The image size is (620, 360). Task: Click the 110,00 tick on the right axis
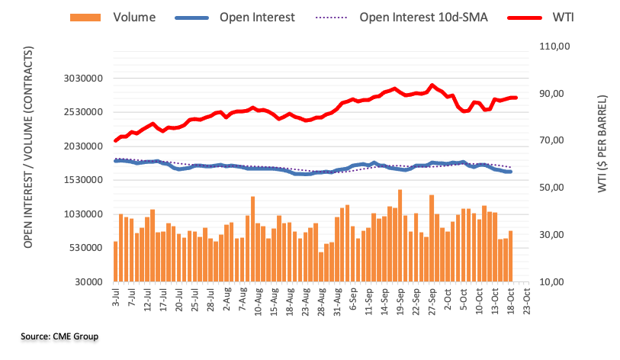pos(555,47)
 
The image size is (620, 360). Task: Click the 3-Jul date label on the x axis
pos(115,298)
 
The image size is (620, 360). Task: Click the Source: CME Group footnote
pos(59,336)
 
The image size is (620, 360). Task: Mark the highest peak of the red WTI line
pos(432,85)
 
